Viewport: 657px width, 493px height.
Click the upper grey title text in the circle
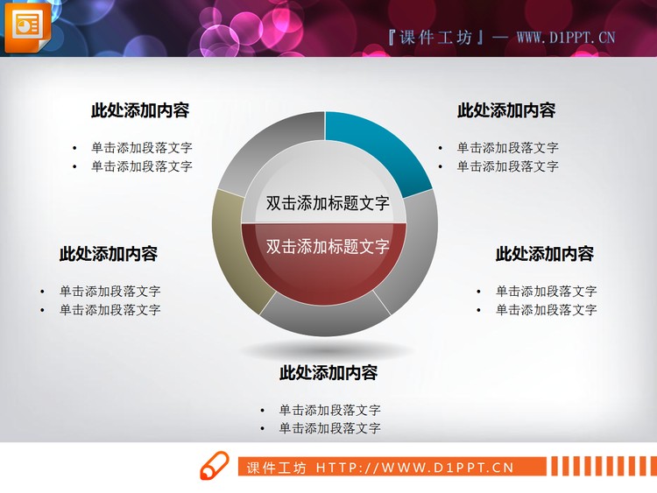coord(328,203)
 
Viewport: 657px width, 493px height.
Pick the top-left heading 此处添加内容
coord(140,110)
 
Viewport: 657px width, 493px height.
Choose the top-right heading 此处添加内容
coord(506,110)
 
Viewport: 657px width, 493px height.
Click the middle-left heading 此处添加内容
coord(109,254)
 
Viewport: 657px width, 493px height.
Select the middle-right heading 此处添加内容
coord(545,254)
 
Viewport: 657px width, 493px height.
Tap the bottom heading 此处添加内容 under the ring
coord(328,373)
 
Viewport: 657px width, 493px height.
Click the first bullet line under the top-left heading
coord(141,148)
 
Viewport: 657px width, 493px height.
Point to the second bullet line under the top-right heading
coord(507,166)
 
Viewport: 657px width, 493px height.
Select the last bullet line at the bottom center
coord(329,428)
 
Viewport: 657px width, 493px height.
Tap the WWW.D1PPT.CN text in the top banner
coord(565,37)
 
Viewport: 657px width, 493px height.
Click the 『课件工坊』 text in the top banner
coord(435,37)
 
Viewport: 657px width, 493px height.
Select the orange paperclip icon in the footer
coord(214,466)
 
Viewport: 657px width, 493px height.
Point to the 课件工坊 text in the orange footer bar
coord(276,468)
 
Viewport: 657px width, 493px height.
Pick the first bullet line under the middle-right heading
coord(546,292)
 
